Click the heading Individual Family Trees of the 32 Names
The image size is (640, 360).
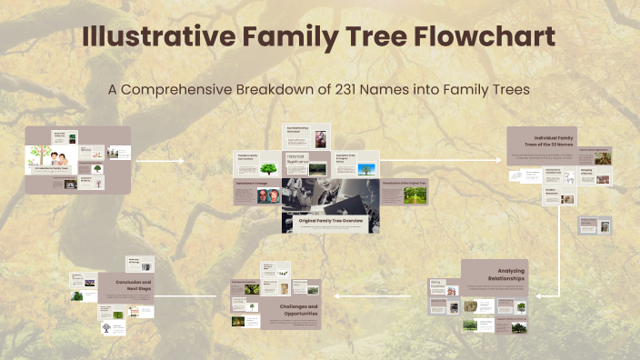tap(556, 138)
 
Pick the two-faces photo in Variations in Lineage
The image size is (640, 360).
tap(267, 195)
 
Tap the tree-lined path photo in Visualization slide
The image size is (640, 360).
tap(415, 195)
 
